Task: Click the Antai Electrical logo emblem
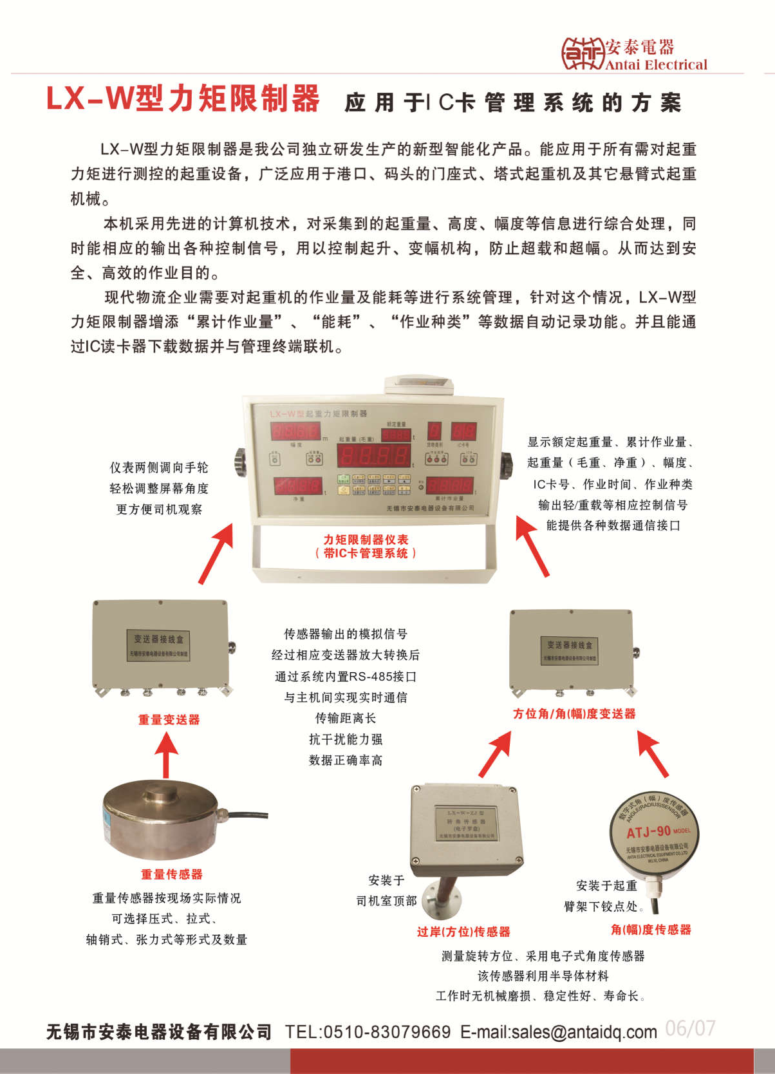[582, 53]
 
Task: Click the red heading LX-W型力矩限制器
[183, 99]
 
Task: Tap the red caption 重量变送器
[169, 719]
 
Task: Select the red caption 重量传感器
[172, 874]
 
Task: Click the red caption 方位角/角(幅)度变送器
[574, 713]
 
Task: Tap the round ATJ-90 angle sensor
[653, 834]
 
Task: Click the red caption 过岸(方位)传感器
[463, 931]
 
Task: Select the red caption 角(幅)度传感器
[651, 929]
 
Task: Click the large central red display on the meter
[374, 456]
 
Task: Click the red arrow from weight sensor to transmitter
[166, 756]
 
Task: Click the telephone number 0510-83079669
[386, 1032]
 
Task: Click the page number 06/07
[690, 1028]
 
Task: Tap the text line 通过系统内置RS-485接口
[346, 676]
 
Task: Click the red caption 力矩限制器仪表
[366, 540]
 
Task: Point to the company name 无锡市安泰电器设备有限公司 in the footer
[159, 1032]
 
